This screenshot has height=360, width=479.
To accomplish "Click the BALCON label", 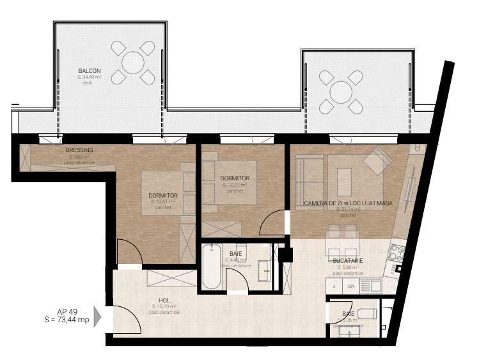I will point(89,70).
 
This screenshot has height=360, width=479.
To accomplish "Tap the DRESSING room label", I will point(80,150).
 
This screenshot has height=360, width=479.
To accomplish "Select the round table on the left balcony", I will point(133,62).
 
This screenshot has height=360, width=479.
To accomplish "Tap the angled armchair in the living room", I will point(377,160).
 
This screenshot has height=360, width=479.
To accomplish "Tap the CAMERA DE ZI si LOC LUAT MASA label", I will point(348,203).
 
